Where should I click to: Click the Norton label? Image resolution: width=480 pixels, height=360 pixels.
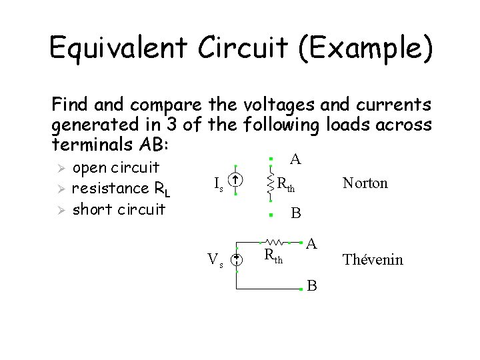[x=365, y=183]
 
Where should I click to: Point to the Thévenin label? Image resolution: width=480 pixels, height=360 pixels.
[x=373, y=260]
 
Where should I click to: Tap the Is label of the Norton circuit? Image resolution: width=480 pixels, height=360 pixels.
[x=218, y=183]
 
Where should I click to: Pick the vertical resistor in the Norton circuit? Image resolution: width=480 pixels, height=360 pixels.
[x=270, y=181]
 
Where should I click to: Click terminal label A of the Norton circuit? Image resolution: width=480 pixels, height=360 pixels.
[x=295, y=159]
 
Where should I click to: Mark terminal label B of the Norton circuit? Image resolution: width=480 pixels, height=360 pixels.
[x=296, y=213]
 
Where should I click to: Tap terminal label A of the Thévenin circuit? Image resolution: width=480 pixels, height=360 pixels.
[x=311, y=243]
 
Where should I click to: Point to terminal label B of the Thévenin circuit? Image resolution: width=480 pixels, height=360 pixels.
[x=312, y=287]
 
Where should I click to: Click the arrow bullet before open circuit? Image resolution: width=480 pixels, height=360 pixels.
[x=59, y=167]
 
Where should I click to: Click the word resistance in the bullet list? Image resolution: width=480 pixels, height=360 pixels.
[x=111, y=189]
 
